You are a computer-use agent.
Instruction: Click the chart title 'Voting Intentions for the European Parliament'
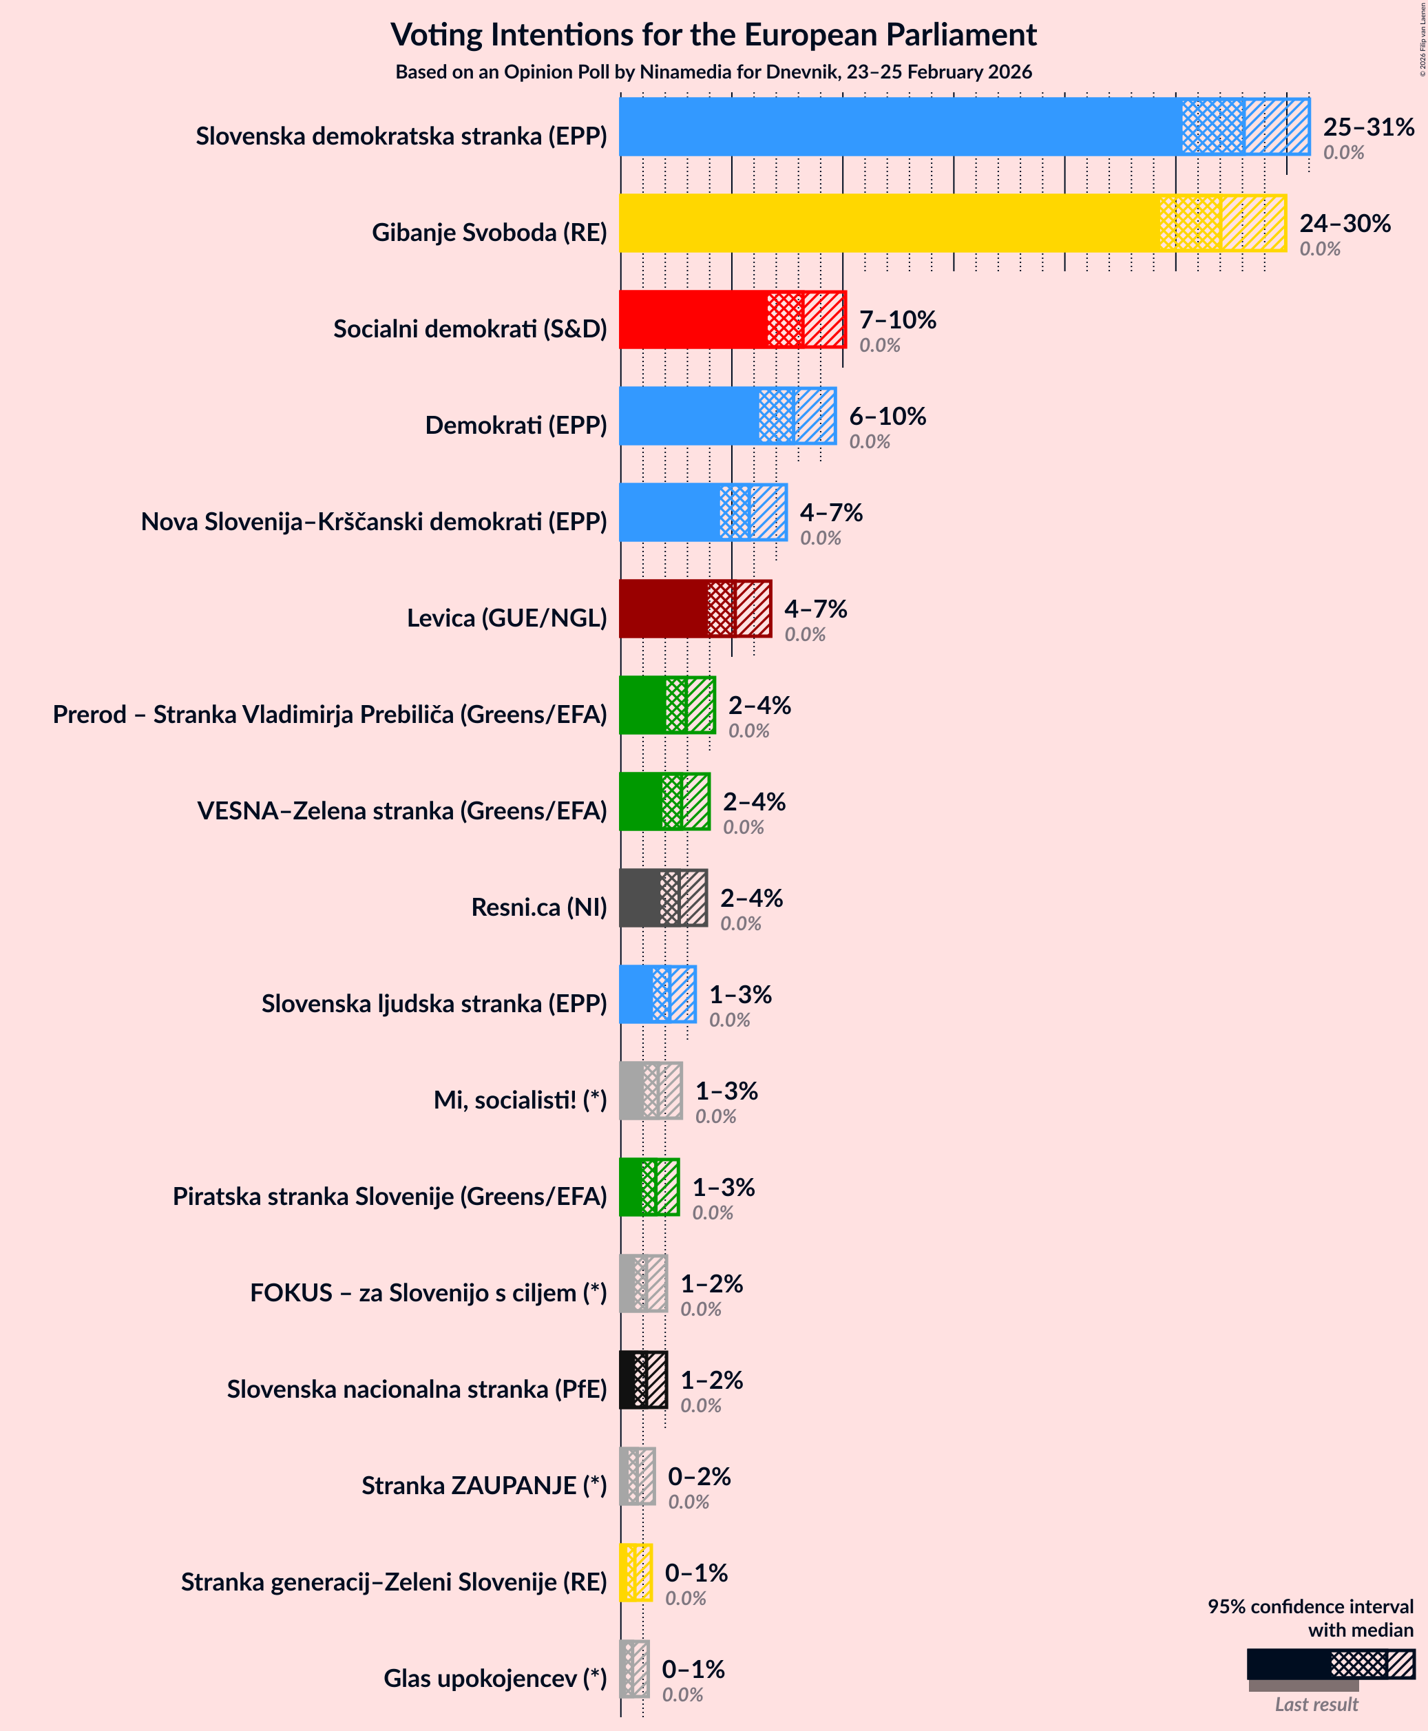coord(713,34)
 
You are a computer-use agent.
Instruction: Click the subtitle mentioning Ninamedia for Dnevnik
coord(713,72)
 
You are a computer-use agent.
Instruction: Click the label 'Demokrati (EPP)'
coord(516,426)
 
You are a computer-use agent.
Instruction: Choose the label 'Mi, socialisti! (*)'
coord(520,1100)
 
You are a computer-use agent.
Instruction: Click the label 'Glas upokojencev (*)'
coord(494,1679)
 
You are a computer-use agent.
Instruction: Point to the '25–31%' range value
coord(1368,127)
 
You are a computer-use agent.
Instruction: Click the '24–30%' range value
coord(1344,223)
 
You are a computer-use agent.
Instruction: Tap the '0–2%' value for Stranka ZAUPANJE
coord(698,1476)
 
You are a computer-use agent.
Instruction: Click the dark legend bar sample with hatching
coord(1330,1664)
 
